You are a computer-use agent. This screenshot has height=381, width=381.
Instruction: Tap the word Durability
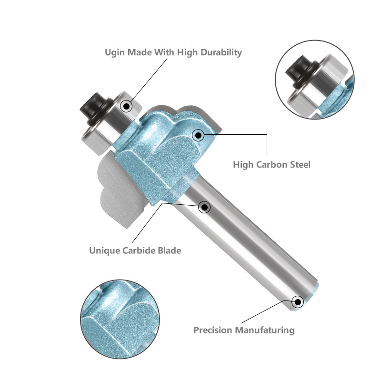221,53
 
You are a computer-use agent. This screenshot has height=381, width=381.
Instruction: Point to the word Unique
104,251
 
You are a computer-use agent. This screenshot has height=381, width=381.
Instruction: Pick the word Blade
170,251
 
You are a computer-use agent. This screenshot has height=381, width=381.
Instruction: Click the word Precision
212,330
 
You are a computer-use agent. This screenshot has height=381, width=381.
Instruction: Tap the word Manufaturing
264,331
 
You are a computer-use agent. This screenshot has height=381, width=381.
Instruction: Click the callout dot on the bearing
126,106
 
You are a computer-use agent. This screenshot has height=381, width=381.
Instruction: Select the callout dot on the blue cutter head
198,135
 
